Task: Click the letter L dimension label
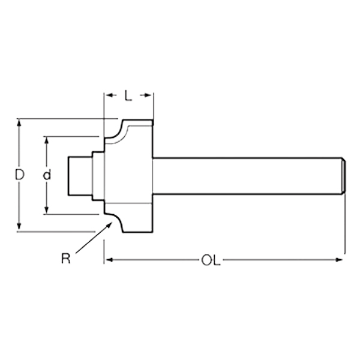coord(128,95)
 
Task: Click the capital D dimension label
coord(20,175)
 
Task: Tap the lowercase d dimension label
coord(47,175)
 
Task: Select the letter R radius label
coord(65,258)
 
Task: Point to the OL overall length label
coord(211,260)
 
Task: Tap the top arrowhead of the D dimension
coord(19,122)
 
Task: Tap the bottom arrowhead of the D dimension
coord(19,226)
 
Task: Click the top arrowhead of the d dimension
coord(47,140)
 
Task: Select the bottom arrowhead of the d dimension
coord(47,210)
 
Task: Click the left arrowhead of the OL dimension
coord(109,260)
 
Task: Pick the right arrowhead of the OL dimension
coord(339,260)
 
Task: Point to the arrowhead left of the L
coord(110,95)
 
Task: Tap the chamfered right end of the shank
coord(343,176)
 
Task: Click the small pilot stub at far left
coord(80,176)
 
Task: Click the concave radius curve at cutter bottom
coord(115,220)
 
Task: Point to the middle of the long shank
coord(247,176)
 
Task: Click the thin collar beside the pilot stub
coord(98,176)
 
